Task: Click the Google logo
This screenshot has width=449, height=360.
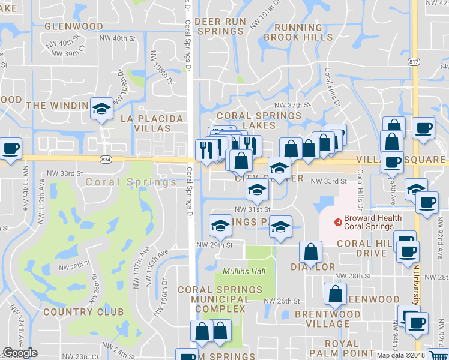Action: click(x=20, y=353)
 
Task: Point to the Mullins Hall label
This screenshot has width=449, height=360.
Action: click(x=244, y=271)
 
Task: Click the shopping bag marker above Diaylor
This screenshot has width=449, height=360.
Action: click(x=311, y=251)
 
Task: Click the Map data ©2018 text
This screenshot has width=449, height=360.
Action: click(x=401, y=355)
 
